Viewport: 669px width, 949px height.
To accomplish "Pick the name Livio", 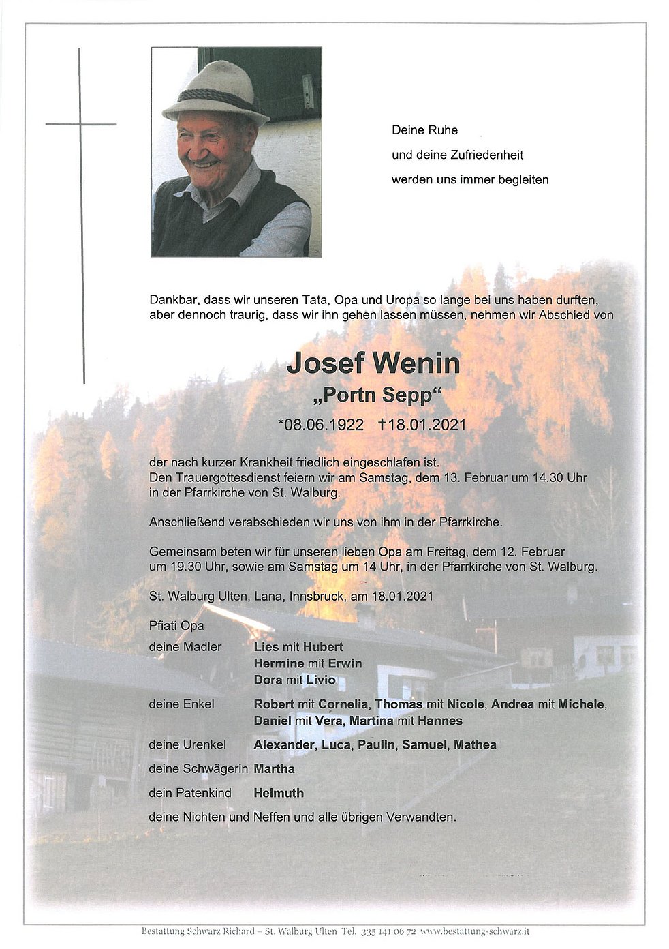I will (x=320, y=680).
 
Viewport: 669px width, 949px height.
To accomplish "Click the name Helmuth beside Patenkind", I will (x=279, y=793).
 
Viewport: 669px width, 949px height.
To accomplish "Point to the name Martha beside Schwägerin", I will (x=274, y=769).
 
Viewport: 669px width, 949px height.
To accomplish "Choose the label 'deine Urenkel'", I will (x=187, y=745).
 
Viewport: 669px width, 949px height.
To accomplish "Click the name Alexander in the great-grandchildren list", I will (x=283, y=745).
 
